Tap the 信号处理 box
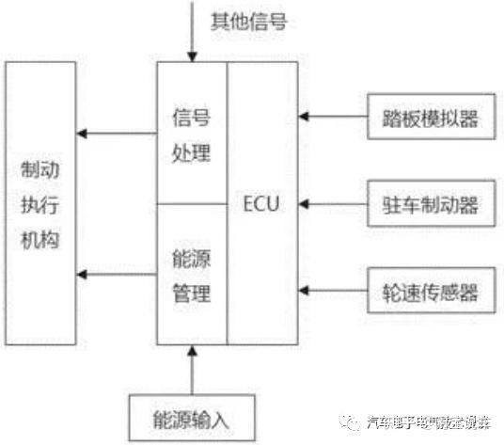pyautogui.click(x=192, y=134)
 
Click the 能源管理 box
pyautogui.click(x=192, y=275)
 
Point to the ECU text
pyautogui.click(x=260, y=202)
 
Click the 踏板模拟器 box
pyautogui.click(x=431, y=118)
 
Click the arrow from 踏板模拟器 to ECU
pyautogui.click(x=333, y=118)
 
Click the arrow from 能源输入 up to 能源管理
pyautogui.click(x=192, y=368)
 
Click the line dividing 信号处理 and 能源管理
pyautogui.click(x=192, y=203)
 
